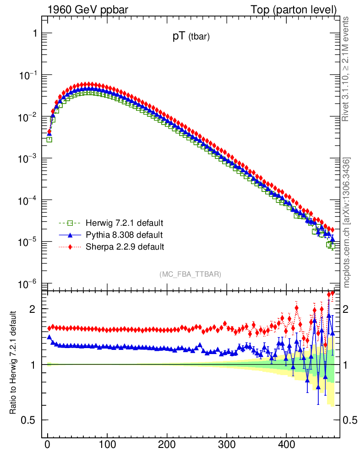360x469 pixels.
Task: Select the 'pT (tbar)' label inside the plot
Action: pyautogui.click(x=191, y=38)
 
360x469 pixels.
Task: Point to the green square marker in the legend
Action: pyautogui.click(x=70, y=224)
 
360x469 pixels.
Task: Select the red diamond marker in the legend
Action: pyautogui.click(x=70, y=247)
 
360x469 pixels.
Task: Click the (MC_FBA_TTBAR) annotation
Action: pyautogui.click(x=191, y=274)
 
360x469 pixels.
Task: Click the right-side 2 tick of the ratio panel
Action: pyautogui.click(x=349, y=309)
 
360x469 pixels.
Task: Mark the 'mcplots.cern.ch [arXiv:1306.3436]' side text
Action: pyautogui.click(x=346, y=223)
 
